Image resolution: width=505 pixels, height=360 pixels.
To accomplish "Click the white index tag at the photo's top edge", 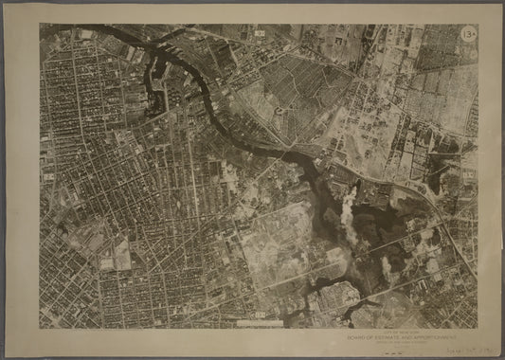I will pos(260,33).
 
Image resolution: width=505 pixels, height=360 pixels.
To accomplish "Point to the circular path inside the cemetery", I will pos(280,111).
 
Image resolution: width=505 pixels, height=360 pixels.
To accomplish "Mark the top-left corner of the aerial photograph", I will pos(40,25).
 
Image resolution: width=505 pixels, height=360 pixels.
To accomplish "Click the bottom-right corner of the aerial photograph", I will pos(478,328).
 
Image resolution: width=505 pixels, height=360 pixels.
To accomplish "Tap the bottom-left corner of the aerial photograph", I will pos(40,328).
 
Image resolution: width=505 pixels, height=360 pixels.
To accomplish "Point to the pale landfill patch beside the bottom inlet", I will pos(334,296).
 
